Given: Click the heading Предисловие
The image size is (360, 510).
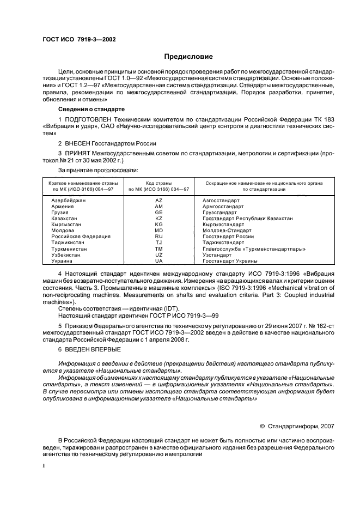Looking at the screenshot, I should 188,57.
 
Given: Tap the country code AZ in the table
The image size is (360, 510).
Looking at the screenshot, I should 158,201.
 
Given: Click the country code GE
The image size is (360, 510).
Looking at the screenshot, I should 158,212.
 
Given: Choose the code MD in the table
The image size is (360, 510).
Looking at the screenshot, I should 158,230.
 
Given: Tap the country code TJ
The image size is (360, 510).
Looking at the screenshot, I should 158,242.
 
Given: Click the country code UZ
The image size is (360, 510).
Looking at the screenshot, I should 158,255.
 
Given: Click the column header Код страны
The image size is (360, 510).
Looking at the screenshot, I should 158,183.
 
